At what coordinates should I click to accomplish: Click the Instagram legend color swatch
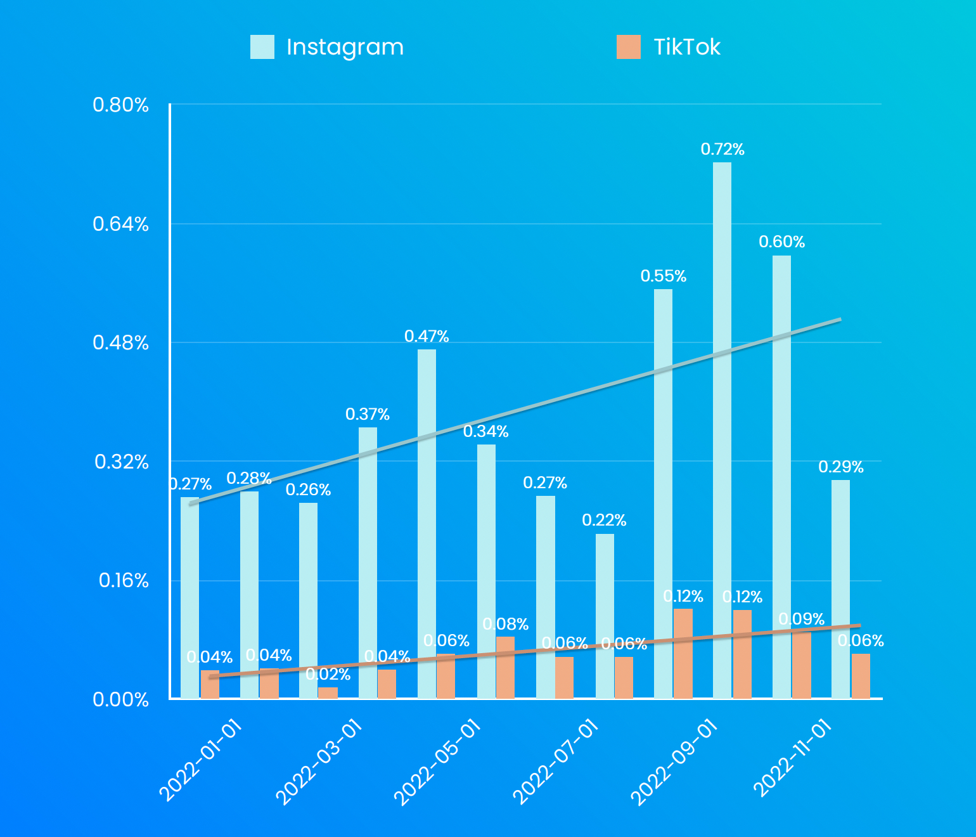262,47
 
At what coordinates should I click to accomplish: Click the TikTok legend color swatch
628,47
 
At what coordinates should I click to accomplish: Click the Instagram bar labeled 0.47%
427,524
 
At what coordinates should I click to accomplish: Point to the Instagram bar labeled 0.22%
605,616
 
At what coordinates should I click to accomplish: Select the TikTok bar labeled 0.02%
328,692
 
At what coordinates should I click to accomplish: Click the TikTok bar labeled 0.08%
505,667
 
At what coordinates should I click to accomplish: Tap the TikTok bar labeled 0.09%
802,665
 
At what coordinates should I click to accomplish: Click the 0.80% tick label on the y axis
120,105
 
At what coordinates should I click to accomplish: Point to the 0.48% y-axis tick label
120,343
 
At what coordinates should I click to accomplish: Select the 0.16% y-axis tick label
124,581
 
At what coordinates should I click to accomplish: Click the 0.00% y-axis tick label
120,699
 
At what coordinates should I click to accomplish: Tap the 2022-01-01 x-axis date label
201,761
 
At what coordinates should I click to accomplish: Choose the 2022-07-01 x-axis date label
555,762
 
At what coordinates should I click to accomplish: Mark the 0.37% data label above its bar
368,415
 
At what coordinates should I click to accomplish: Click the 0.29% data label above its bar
841,467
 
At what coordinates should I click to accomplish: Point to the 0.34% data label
486,432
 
